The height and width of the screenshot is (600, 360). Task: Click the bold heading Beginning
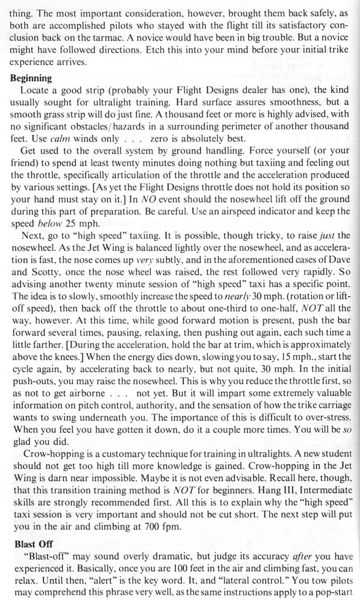click(x=31, y=78)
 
